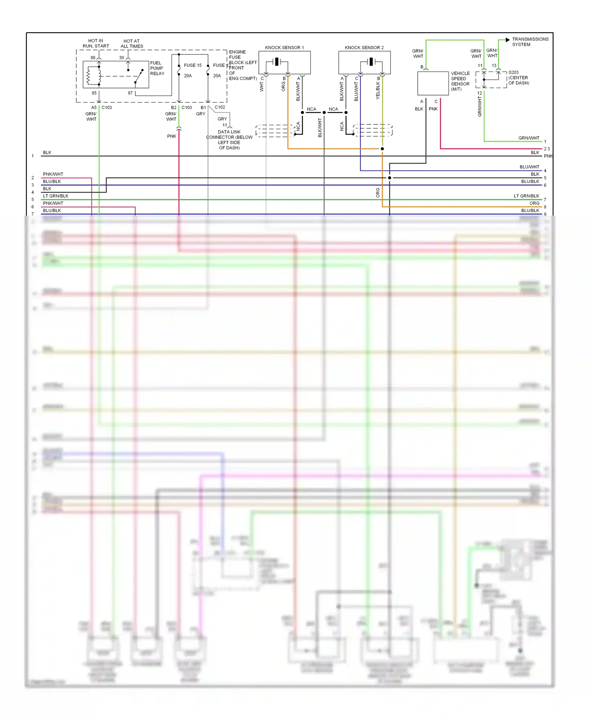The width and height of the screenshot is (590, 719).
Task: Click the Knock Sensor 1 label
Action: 284,48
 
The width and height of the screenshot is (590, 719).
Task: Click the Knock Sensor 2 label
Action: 364,48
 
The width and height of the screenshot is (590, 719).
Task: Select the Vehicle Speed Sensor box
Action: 433,83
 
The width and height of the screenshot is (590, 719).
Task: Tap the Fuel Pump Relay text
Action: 157,68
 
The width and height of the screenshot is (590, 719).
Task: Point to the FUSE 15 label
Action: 193,65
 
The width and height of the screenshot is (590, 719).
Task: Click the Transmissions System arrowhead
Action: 508,40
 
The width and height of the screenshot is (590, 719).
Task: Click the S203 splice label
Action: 513,72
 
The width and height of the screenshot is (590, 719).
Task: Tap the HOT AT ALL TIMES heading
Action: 132,44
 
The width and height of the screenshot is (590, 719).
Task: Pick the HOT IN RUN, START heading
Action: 96,43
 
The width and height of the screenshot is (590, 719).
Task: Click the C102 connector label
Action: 220,107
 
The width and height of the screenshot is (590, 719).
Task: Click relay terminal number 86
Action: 93,57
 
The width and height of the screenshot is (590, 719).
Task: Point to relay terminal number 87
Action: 130,93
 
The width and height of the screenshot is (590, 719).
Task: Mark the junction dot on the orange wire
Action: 382,149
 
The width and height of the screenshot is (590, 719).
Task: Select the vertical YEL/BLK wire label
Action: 378,90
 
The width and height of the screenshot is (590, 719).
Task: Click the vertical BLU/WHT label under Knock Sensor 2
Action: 356,92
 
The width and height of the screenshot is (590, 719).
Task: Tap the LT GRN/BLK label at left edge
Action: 55,196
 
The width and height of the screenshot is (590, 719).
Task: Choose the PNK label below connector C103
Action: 171,136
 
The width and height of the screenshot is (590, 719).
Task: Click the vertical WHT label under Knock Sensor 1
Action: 262,87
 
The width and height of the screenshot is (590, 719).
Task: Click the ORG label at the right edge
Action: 534,203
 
